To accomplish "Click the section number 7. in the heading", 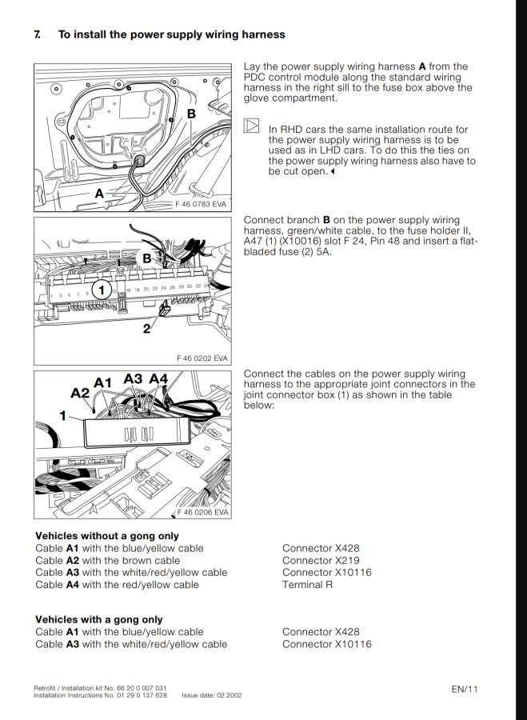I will point(38,35).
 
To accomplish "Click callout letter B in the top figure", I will point(191,114).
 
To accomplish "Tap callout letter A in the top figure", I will point(100,193).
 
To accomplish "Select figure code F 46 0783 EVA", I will point(201,204).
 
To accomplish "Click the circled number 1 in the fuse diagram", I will point(102,290).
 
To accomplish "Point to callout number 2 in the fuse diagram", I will point(147,328).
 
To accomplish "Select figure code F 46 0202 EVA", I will point(202,358).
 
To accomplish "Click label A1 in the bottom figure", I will point(103,383).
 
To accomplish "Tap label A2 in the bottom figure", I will point(80,393).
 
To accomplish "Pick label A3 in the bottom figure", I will point(133,379).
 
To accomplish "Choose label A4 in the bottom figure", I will point(158,379).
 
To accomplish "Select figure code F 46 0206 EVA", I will point(202,512).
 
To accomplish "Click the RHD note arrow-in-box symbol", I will point(251,126).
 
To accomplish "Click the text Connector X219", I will point(321,561).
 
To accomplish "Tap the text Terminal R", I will point(307,585).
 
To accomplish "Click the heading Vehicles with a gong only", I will point(98,620).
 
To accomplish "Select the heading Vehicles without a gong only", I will point(106,536).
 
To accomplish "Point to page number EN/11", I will point(464,689).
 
